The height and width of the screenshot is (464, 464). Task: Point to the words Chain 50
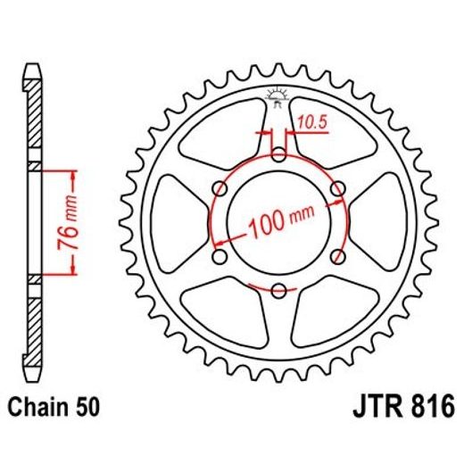point(55,409)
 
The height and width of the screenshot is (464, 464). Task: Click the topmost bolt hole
point(278,156)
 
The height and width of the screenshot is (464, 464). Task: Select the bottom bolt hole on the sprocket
point(278,291)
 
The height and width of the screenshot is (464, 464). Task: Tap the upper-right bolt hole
point(336,189)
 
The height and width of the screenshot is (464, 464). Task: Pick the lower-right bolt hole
point(336,257)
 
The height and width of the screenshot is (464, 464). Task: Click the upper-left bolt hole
point(220,189)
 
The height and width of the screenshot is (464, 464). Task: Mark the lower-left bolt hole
point(220,257)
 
